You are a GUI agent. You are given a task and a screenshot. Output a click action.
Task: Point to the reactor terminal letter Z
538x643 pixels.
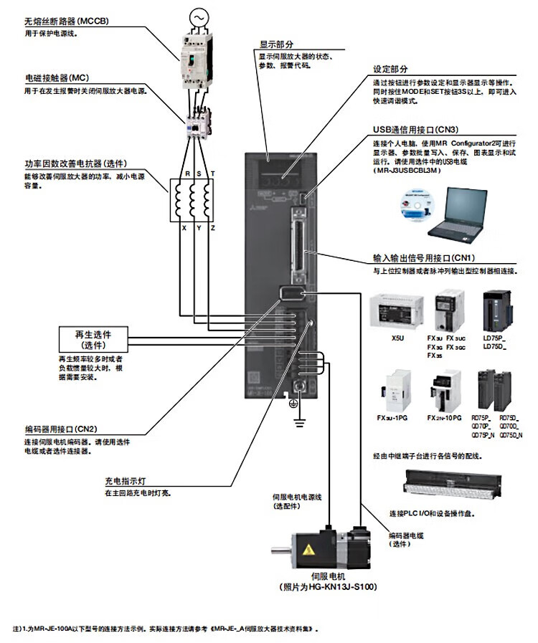click(x=212, y=227)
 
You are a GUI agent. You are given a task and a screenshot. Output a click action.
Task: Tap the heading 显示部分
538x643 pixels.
click(x=276, y=44)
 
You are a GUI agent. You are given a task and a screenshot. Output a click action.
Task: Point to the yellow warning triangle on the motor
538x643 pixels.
click(x=309, y=551)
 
